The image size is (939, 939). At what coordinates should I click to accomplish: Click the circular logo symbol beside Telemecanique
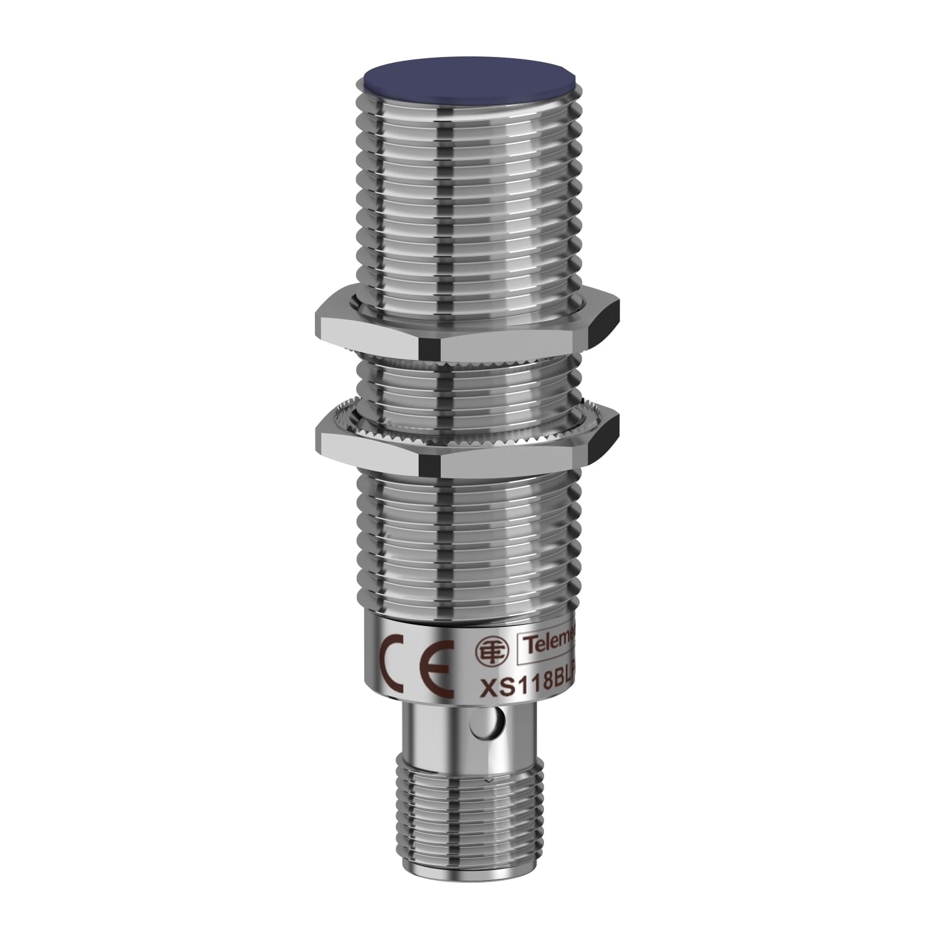point(486,649)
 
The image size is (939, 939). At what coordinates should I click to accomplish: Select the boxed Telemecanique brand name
point(551,640)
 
